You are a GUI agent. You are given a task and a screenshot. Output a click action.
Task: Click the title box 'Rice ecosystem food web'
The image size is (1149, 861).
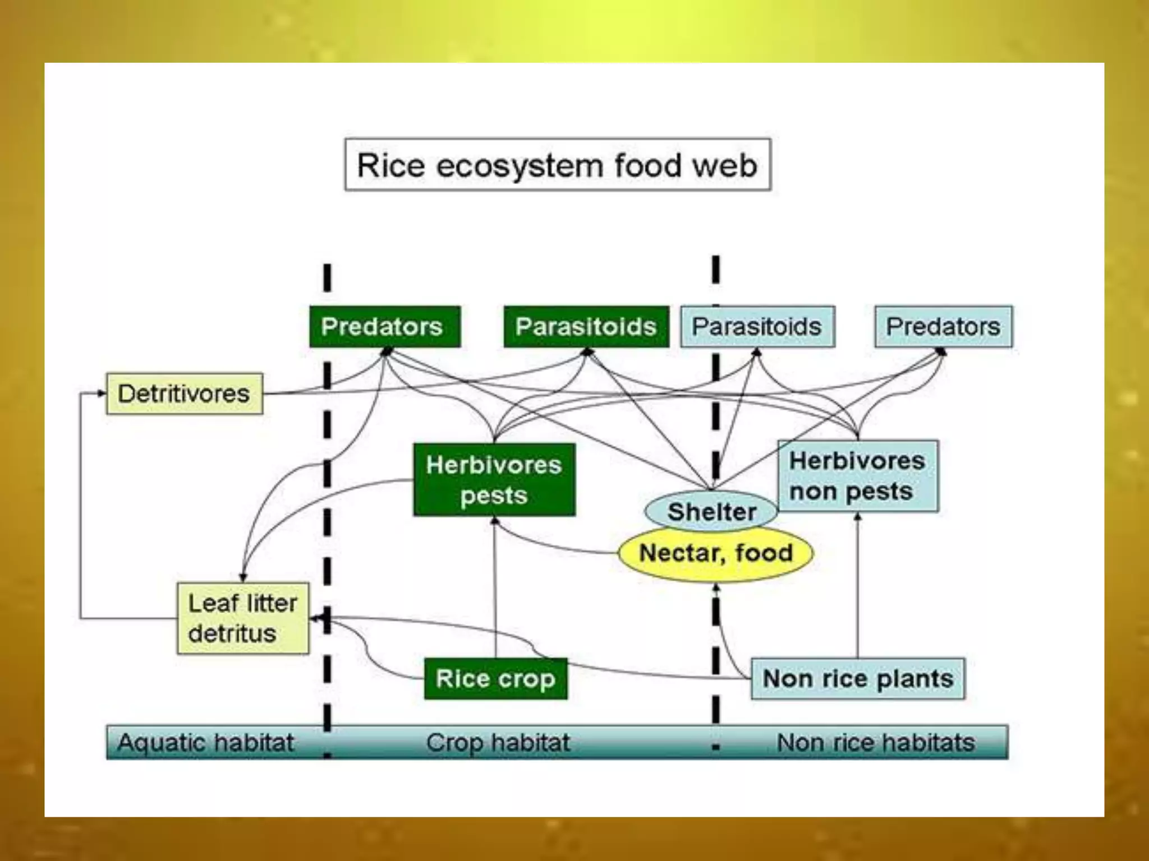[557, 165]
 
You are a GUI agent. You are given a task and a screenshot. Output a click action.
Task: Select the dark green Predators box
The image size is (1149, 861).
[385, 327]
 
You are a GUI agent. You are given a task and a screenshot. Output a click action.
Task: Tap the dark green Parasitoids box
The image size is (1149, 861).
[586, 327]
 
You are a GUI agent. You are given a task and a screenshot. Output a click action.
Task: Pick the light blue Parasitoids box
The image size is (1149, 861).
[757, 327]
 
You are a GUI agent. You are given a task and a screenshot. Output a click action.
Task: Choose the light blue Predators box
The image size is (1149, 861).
[944, 327]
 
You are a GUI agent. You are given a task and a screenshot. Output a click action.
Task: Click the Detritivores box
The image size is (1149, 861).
[184, 394]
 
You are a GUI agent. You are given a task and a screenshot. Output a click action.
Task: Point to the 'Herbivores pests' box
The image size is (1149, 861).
[494, 480]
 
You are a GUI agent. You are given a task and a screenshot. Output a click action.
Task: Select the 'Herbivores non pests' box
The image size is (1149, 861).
[857, 476]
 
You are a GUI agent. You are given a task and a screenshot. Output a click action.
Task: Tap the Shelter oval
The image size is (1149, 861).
[711, 511]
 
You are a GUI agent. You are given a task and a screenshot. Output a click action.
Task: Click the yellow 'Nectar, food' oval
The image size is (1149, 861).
[715, 553]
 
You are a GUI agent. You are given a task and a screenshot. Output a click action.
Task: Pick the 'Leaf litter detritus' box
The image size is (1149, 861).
[242, 618]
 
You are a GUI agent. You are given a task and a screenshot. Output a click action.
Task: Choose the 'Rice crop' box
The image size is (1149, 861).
[495, 679]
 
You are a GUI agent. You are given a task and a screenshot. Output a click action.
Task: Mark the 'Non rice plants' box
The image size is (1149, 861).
[857, 679]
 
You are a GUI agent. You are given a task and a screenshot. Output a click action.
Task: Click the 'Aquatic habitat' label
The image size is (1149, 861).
[205, 743]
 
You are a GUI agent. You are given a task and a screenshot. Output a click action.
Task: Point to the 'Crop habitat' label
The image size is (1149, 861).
[498, 743]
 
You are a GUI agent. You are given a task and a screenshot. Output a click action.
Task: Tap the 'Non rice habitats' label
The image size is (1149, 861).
[875, 743]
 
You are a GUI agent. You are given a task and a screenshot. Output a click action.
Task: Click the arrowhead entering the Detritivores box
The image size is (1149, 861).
[101, 394]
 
